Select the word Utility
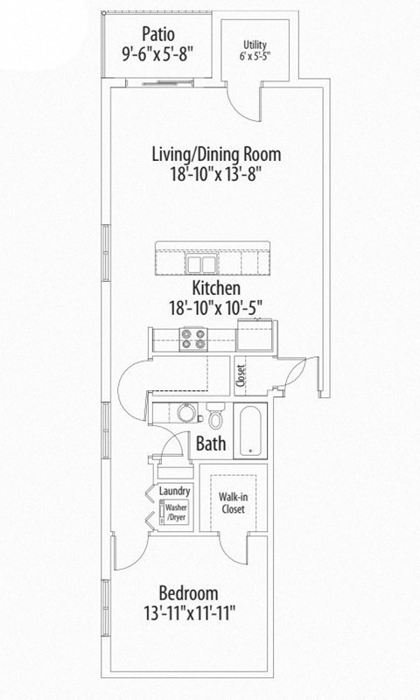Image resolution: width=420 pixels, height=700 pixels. click(255, 44)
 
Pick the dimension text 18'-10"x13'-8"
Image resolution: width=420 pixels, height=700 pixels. click(216, 174)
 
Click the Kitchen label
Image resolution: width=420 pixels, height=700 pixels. click(216, 288)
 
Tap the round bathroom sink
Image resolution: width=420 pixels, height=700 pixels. click(185, 413)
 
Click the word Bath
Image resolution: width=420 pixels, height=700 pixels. click(211, 444)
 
